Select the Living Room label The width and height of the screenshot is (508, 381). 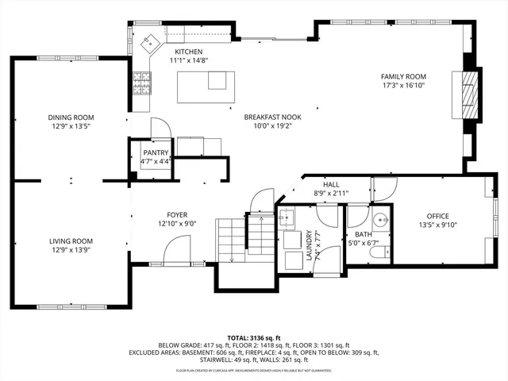point(71,241)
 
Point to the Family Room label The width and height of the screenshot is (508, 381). point(404,75)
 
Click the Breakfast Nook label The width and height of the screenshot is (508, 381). point(272,116)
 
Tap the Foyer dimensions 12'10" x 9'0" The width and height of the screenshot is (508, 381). point(176,224)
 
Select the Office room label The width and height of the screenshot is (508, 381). point(437,216)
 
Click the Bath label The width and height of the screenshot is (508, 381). point(363,234)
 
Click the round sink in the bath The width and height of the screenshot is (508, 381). point(382,220)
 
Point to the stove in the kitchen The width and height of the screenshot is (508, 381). point(143,79)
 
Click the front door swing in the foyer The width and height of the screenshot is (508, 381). point(175,252)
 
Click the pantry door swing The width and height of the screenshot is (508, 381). point(159,129)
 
